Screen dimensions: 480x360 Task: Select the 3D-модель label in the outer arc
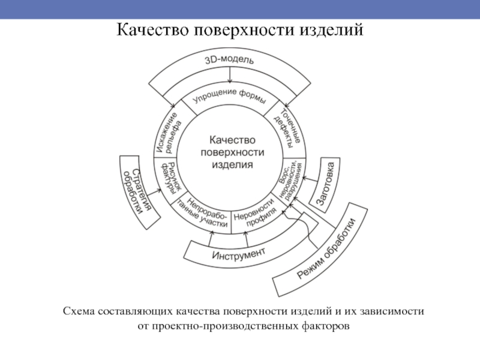pos(230,60)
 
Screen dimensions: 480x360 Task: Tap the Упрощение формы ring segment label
pos(229,97)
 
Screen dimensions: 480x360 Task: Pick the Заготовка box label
pos(329,181)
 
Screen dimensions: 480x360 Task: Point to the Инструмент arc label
pos(238,254)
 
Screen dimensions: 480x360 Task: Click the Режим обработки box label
pos(326,249)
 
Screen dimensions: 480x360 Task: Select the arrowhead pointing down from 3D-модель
pos(230,82)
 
